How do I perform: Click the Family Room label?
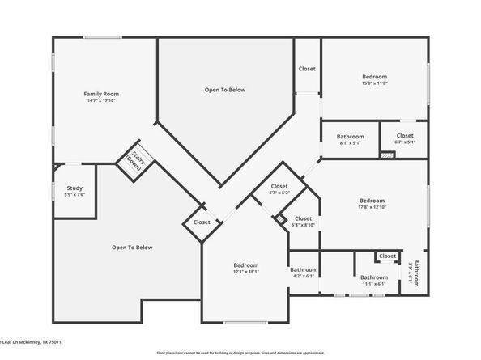click(96, 95)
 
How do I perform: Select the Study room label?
click(74, 188)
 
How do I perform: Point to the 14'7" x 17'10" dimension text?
click(96, 102)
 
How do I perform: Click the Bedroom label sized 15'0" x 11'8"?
click(374, 77)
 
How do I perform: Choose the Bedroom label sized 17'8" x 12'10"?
click(372, 201)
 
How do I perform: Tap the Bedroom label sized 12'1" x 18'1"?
click(246, 265)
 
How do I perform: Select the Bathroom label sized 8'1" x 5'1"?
click(351, 137)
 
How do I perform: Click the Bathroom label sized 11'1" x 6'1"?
click(373, 277)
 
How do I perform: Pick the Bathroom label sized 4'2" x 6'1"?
click(304, 269)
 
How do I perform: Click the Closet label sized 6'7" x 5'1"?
click(405, 136)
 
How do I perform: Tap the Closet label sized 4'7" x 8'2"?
click(279, 187)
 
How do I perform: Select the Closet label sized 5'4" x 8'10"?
click(303, 218)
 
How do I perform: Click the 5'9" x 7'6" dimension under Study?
click(74, 195)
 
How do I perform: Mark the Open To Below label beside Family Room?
click(224, 90)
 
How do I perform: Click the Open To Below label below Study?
click(132, 248)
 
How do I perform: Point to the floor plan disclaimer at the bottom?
click(240, 354)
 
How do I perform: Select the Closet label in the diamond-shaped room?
click(202, 222)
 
